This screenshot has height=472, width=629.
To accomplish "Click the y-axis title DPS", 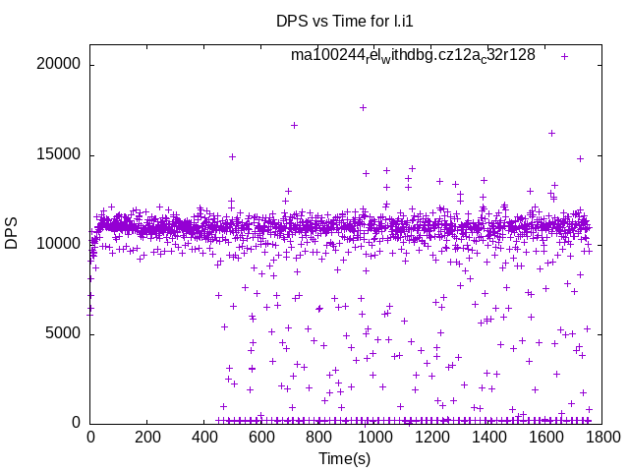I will coord(12,234).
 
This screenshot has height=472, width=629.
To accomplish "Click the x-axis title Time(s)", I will coord(344,458).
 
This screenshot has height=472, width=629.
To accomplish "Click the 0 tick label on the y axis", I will coord(76,423).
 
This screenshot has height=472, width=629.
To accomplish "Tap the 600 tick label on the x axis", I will coord(260,438).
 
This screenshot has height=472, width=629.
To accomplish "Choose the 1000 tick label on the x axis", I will coord(373,438).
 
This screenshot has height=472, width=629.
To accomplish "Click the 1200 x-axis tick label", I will coord(430,438).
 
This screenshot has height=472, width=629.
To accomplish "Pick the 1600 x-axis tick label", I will coord(543,438).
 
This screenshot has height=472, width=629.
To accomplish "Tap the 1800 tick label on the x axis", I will coord(600,438).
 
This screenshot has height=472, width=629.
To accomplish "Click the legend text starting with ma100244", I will coord(413,56).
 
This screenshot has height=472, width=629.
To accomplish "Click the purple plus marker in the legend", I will coord(565,56).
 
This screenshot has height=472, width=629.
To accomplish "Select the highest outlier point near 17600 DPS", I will coord(363,107).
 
